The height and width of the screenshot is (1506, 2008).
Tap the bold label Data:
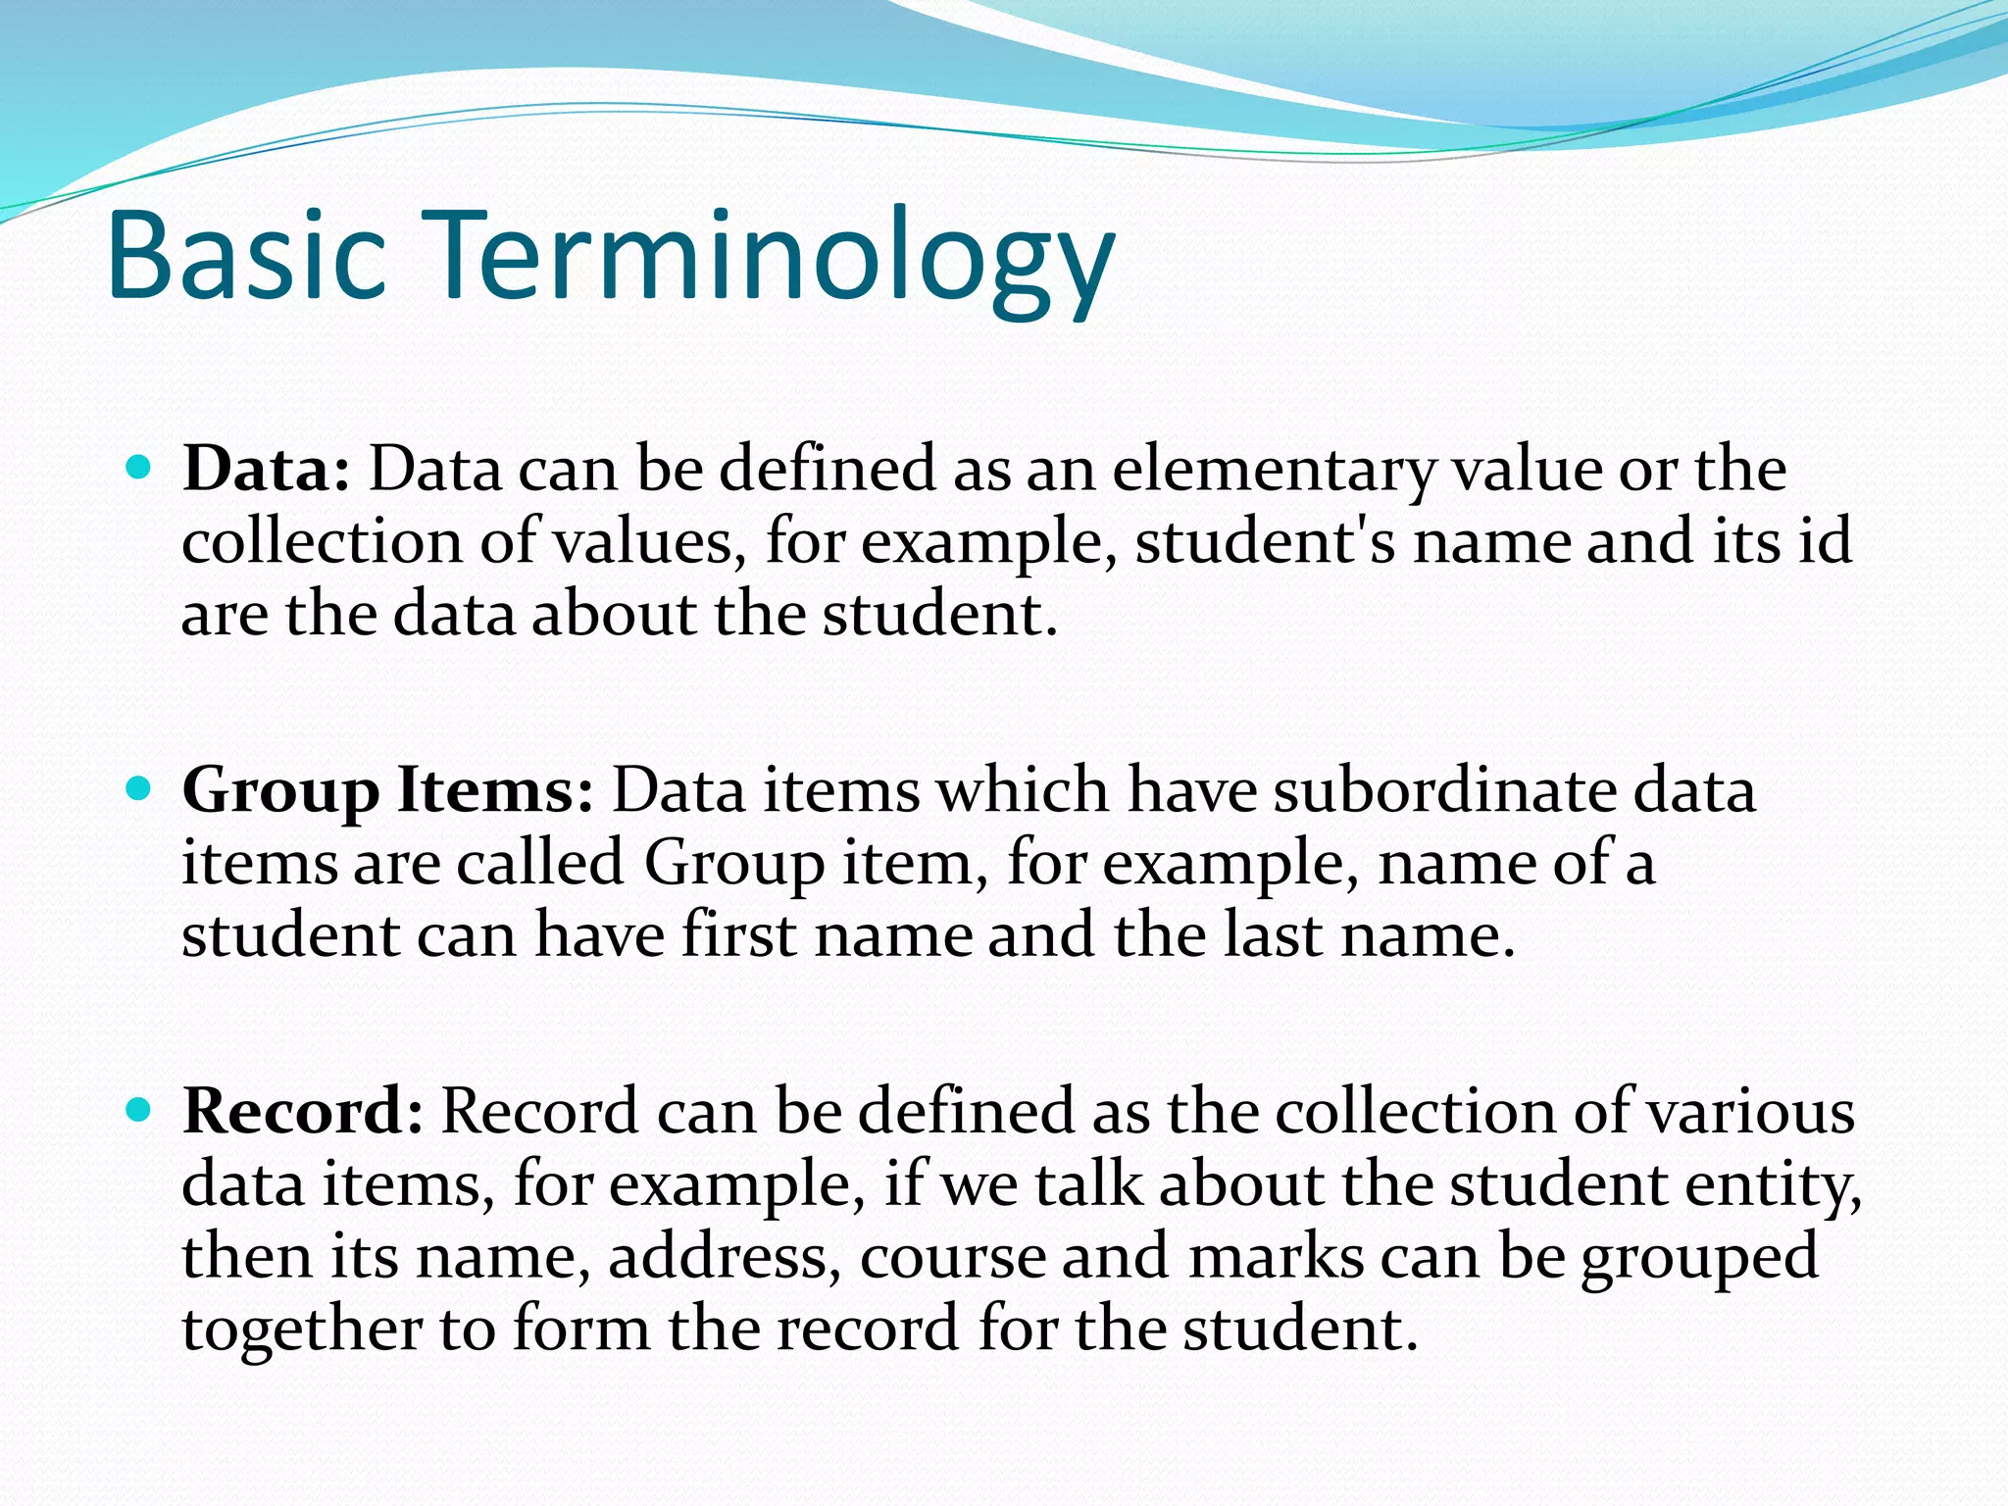266,469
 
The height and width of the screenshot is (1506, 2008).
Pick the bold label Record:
303,1111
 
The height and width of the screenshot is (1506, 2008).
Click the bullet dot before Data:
139,467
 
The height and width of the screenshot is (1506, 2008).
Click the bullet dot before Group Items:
139,787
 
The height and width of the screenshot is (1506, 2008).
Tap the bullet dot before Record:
139,1109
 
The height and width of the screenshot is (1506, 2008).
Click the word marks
1276,1257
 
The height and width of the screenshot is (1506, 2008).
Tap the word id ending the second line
1825,541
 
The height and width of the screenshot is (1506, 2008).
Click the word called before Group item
539,863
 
